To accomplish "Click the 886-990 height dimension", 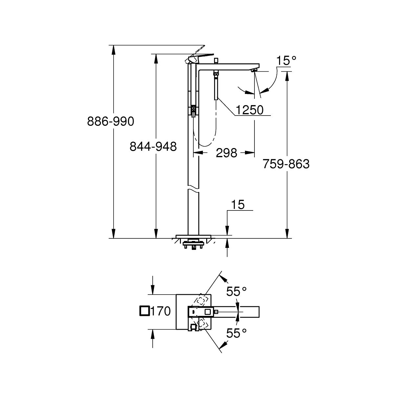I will (x=111, y=122).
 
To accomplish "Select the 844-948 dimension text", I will (x=153, y=146).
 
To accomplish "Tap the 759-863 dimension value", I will (x=286, y=164).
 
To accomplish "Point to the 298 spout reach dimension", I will (x=227, y=153).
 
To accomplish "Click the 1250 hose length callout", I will (x=250, y=110).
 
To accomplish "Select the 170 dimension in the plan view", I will (x=161, y=311).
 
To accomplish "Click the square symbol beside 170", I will (x=144, y=311).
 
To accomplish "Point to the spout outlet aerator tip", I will (x=254, y=70).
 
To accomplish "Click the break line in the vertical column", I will (x=194, y=190).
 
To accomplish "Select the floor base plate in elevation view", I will (x=194, y=236).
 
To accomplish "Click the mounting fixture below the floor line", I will (x=194, y=245).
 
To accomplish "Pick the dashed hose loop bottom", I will (x=205, y=145).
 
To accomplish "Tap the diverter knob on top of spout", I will (x=216, y=60).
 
